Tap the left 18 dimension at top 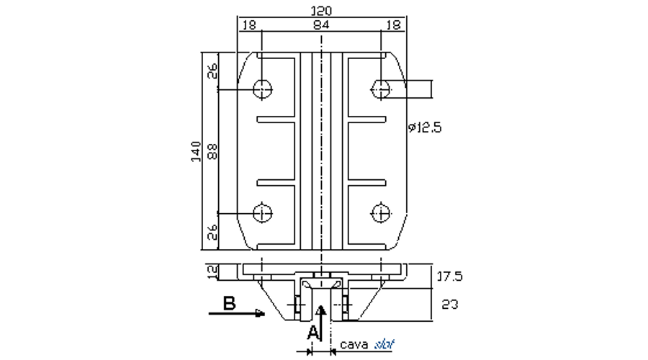(249, 24)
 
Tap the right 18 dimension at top (394, 24)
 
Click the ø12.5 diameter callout (424, 128)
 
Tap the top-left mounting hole (263, 89)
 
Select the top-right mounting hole (380, 89)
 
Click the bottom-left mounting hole (263, 213)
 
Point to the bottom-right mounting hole (380, 213)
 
